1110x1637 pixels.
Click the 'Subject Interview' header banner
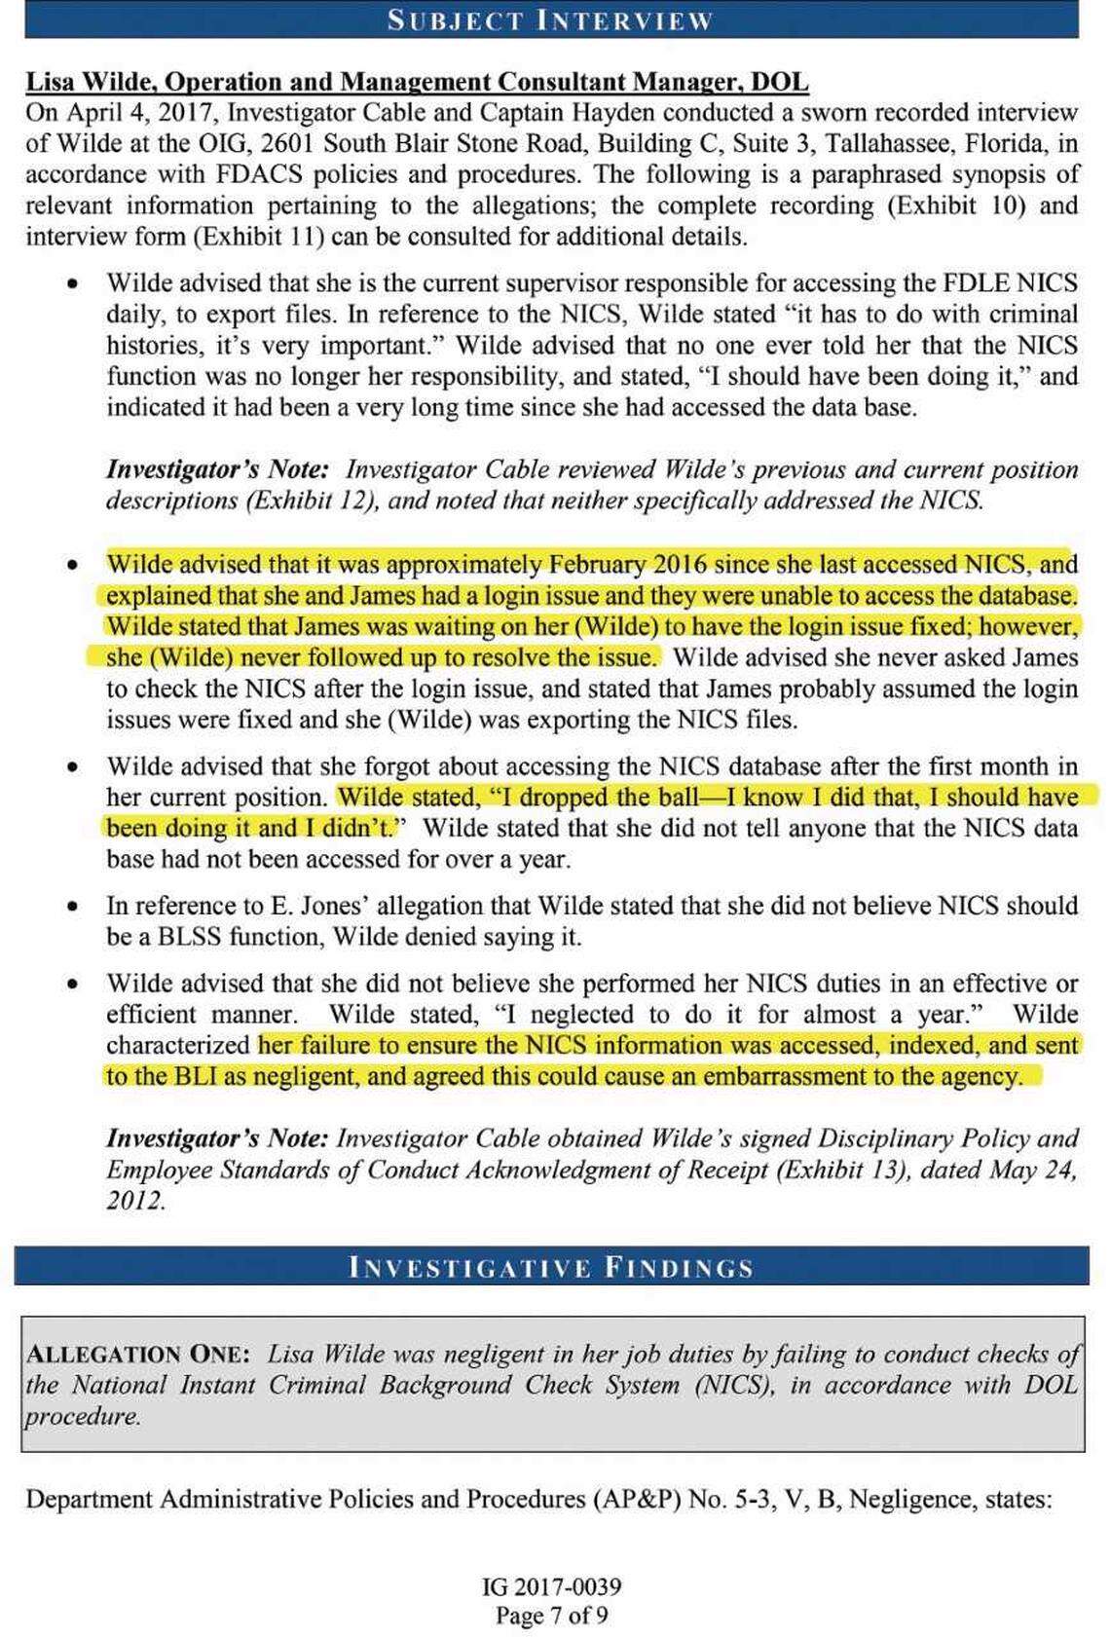(x=551, y=19)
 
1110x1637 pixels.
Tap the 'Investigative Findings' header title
(x=551, y=1267)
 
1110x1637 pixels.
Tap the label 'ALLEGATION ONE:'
(x=138, y=1354)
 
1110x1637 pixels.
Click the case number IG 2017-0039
(x=552, y=1586)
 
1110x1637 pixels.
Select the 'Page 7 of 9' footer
(x=552, y=1616)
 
